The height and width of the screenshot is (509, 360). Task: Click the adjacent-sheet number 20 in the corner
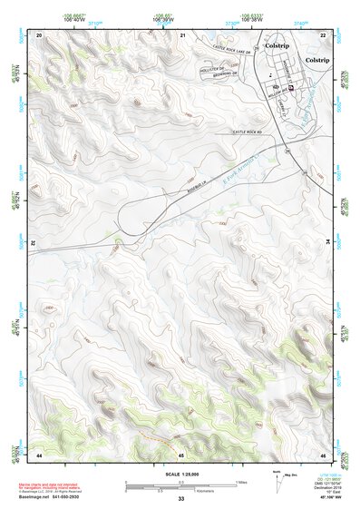(39, 34)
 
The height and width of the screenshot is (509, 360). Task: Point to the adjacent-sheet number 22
(324, 34)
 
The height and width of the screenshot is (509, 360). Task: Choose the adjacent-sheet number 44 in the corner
(39, 454)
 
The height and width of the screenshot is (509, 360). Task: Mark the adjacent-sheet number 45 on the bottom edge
(181, 454)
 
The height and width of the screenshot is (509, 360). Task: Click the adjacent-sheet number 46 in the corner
(324, 454)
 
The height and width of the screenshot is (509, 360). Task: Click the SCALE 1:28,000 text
(181, 475)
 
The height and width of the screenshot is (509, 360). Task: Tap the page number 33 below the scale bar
(181, 499)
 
